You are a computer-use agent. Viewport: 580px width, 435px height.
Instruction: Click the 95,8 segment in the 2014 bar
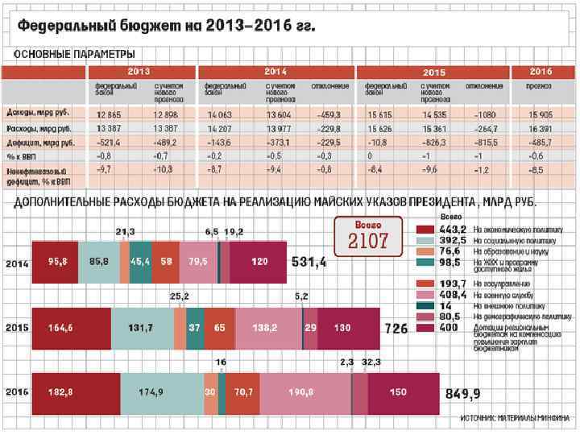57,262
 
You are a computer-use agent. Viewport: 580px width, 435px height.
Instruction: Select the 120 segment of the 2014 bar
259,262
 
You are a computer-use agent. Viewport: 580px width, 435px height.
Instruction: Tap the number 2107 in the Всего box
368,241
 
